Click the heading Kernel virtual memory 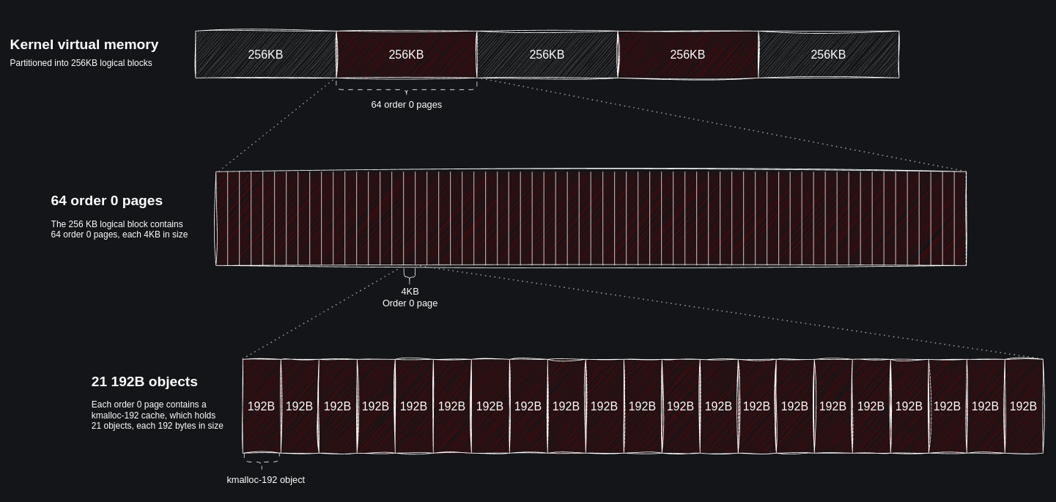click(84, 45)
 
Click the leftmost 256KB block click(265, 55)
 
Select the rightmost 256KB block click(829, 55)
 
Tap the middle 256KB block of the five click(547, 55)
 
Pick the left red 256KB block click(407, 55)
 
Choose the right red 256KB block click(688, 55)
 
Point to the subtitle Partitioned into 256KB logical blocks click(81, 63)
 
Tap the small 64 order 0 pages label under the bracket click(407, 105)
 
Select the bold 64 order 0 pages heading click(106, 201)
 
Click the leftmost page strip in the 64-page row click(221, 218)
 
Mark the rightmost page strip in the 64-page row click(960, 218)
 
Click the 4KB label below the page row click(410, 292)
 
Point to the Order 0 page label click(410, 303)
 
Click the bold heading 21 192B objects click(144, 382)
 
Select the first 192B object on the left click(262, 406)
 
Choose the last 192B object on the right click(1024, 406)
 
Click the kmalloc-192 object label click(266, 480)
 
